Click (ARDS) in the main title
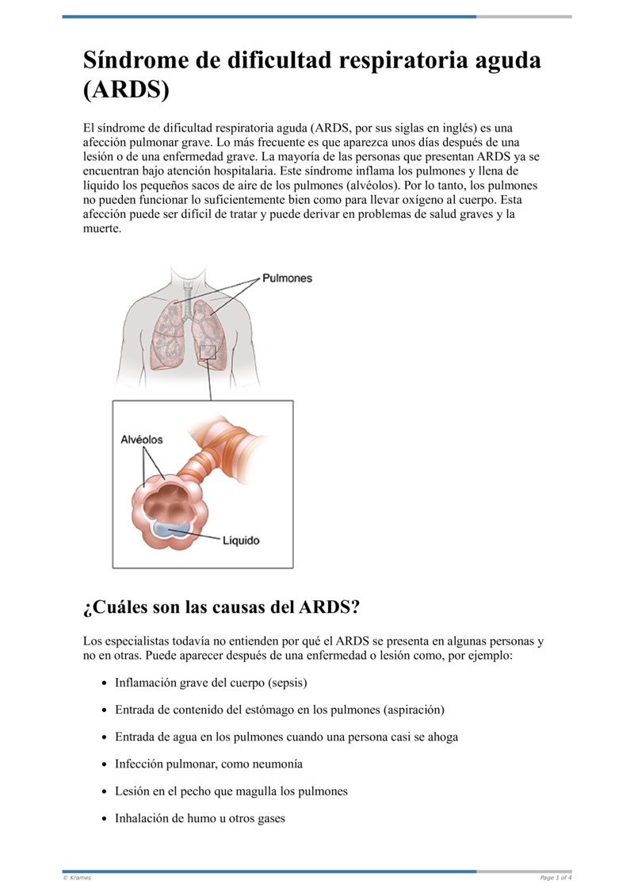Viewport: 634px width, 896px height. click(x=126, y=90)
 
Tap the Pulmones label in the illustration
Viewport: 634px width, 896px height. click(x=287, y=278)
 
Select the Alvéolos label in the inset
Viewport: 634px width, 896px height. click(x=142, y=439)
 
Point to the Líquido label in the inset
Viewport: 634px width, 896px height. click(x=240, y=541)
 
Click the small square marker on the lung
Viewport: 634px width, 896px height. click(x=208, y=352)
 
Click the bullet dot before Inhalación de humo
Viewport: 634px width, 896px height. click(x=105, y=819)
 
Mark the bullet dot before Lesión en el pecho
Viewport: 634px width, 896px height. click(x=105, y=791)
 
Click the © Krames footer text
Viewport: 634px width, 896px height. click(x=77, y=878)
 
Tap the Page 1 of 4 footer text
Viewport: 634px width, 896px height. click(x=556, y=878)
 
